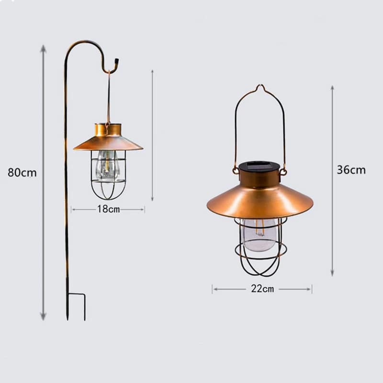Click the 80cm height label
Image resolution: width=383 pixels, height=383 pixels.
pos(22,172)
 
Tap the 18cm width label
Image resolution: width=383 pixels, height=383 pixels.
pos(109,209)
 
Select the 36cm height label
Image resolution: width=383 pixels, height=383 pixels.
pos(351,170)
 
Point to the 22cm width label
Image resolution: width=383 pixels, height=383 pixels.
pos(262,289)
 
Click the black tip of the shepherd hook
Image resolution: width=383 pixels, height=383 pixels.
pos(116,61)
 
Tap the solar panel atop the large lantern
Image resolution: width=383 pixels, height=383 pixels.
pos(259,166)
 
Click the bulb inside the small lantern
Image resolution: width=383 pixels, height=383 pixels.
pos(106,165)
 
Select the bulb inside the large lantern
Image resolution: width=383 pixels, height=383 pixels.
pos(260,235)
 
